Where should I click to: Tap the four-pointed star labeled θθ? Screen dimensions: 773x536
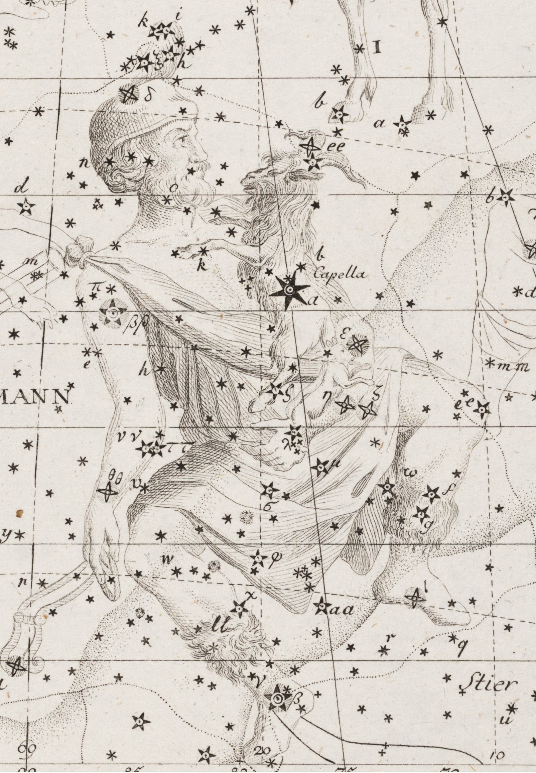108,492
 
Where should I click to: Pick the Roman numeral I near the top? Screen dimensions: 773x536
378,48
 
